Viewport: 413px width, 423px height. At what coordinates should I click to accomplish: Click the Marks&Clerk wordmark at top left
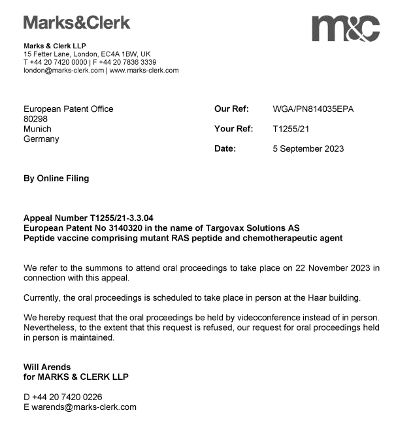point(76,23)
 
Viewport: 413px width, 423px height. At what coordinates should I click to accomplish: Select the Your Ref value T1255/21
point(291,129)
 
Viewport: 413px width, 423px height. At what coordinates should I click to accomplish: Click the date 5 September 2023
point(308,148)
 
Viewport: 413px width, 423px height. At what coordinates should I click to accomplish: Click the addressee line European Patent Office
point(68,109)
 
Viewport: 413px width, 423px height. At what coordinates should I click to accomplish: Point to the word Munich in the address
point(37,129)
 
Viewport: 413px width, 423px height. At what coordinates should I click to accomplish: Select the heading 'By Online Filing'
point(56,178)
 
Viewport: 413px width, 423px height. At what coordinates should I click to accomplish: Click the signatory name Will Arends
point(47,367)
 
